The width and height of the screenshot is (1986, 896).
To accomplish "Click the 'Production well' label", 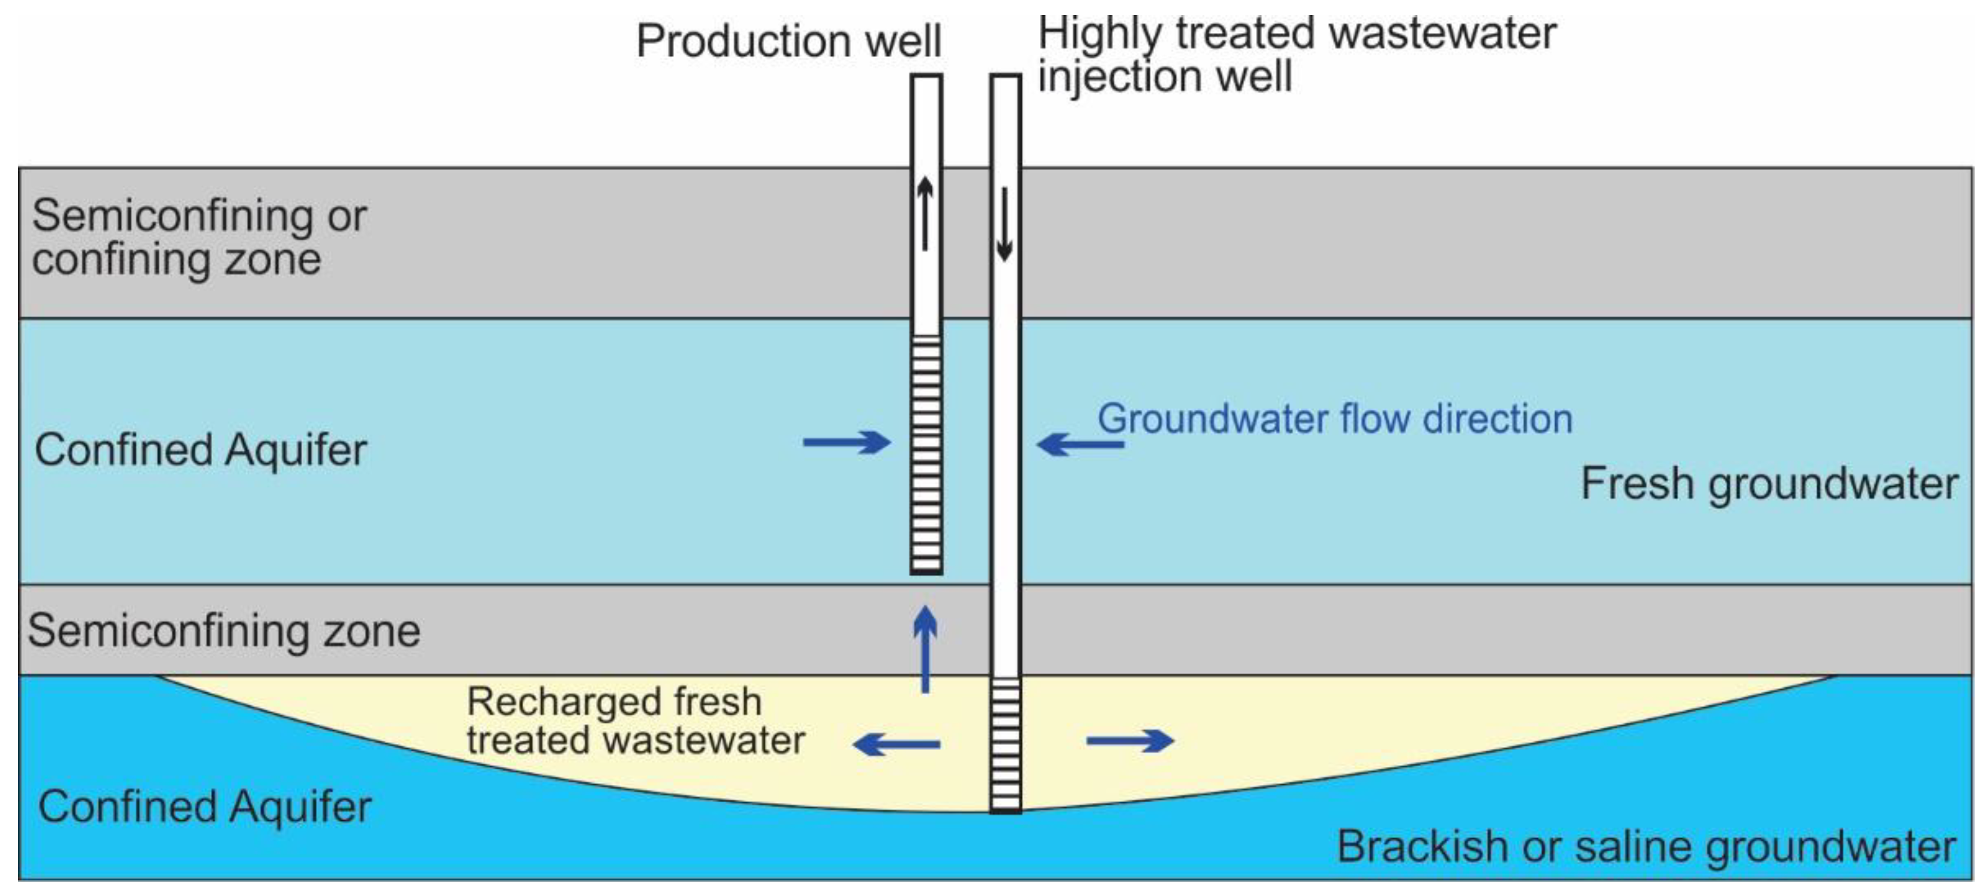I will coord(788,41).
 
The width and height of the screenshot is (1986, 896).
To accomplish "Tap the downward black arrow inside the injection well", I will coord(1004,224).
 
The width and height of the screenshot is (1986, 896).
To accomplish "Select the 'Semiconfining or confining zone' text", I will coord(199,237).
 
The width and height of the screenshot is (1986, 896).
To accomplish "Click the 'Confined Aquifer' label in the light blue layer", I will coord(201,450).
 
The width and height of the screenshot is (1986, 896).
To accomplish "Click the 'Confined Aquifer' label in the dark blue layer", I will coord(204,806).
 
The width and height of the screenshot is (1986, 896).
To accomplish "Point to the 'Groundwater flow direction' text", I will coord(1335,419).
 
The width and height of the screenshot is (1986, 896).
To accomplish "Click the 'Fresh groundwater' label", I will coord(1769,484).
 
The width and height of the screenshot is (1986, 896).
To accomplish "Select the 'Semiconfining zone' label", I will coord(223,631).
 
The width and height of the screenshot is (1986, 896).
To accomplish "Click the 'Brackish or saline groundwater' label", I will coord(1645,847).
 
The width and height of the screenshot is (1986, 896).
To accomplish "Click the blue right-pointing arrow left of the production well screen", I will coord(846,443).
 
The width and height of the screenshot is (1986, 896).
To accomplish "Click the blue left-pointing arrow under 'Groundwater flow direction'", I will coord(1080,444).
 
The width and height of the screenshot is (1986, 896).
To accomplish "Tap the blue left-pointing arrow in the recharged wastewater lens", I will coord(897,744).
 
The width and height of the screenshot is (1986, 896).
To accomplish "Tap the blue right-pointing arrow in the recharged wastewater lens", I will coord(1129,741).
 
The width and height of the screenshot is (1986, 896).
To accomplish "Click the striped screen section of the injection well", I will coord(1006,744).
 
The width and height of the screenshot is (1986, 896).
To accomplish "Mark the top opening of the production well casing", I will coord(926,77).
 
